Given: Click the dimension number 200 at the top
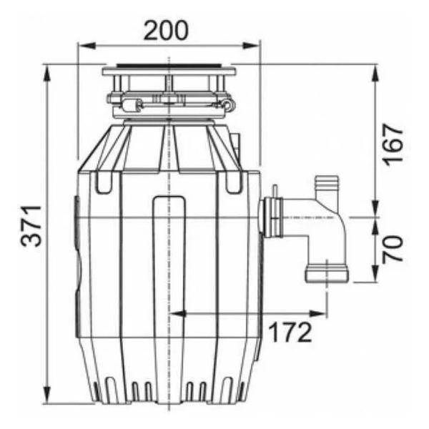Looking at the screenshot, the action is (x=166, y=30).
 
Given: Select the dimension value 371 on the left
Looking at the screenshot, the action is (x=31, y=226).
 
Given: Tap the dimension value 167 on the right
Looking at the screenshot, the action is (x=393, y=144).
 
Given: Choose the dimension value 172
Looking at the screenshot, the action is (x=290, y=332).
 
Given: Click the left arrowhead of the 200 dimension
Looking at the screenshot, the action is (x=87, y=46).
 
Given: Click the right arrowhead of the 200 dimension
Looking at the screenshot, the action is (x=251, y=46).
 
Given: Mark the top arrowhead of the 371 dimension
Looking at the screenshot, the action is (x=47, y=73).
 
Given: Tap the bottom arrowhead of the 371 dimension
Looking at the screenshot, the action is (x=47, y=395).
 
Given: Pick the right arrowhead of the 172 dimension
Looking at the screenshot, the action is (x=318, y=314).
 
